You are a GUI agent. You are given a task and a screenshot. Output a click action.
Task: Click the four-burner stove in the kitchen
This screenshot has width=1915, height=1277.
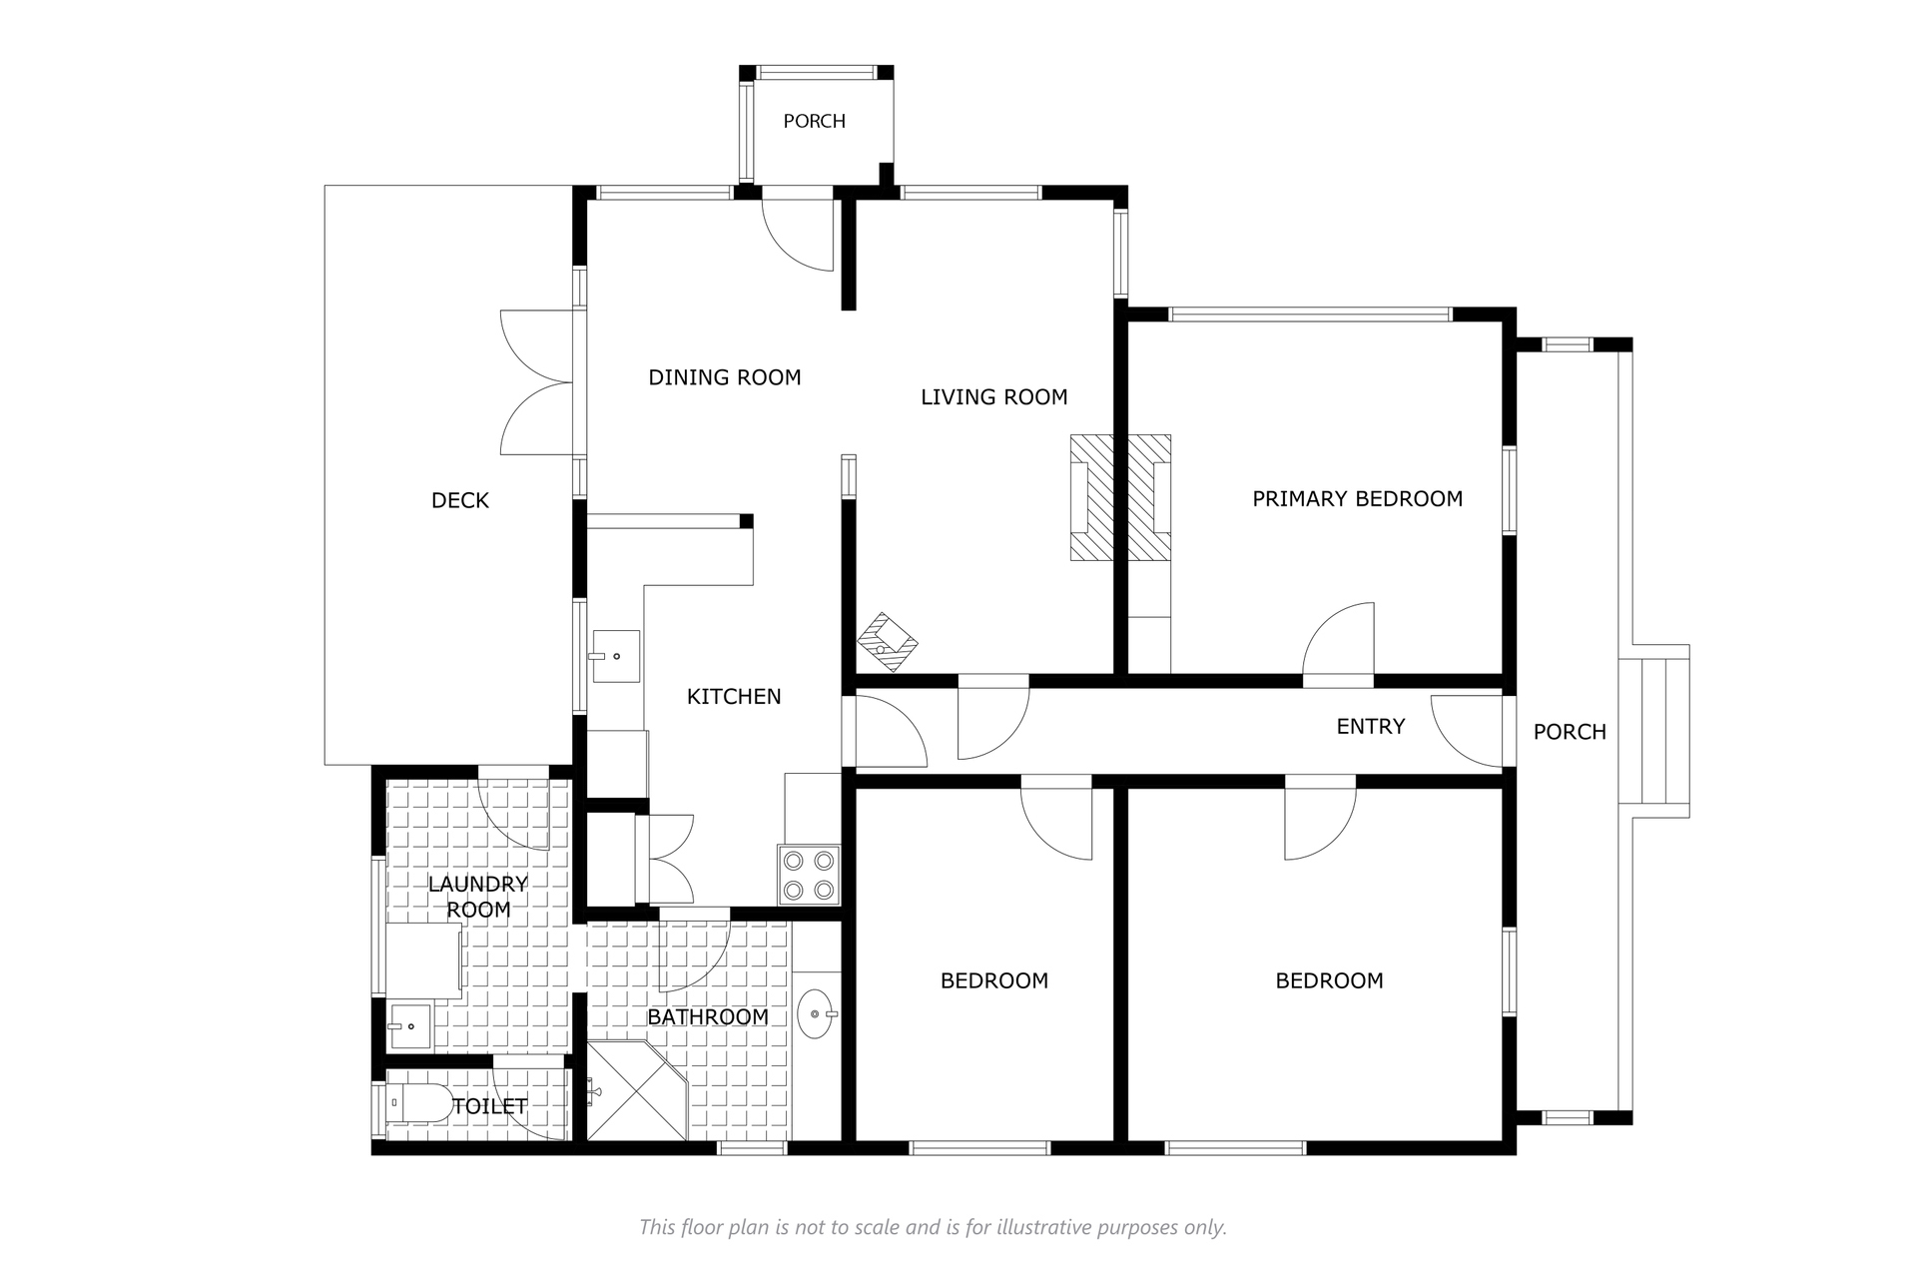coord(809,875)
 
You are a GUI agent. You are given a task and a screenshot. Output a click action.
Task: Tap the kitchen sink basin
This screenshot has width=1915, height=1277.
coord(616,656)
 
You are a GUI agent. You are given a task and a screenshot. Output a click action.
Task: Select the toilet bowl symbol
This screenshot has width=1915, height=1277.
coord(422,1103)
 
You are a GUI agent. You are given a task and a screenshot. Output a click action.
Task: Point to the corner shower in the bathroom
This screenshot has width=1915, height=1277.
coord(636,1091)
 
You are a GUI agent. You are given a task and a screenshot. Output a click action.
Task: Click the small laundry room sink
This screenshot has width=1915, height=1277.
coord(409,1025)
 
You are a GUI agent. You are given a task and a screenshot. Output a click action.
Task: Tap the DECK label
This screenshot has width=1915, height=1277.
coord(460,500)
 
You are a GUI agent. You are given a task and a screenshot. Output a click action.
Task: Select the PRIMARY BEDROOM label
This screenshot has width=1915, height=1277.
coord(1357,498)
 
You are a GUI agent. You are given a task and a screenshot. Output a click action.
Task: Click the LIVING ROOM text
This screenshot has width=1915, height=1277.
coord(993,397)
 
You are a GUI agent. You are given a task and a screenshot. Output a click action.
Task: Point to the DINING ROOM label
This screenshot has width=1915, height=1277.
coord(725,377)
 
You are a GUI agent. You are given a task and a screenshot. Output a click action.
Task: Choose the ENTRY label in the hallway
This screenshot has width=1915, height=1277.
coord(1370,727)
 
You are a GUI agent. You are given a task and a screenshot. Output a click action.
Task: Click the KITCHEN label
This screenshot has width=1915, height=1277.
coord(734,697)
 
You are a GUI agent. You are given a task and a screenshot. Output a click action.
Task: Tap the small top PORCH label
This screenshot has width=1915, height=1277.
coord(814,121)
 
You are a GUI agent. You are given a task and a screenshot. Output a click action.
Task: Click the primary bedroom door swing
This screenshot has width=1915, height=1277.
coord(1338,639)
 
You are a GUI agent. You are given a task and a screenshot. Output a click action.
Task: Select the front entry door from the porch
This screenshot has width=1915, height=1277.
coord(1467,730)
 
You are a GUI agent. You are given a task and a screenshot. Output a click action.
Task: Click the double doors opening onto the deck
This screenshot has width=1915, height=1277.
coord(537,382)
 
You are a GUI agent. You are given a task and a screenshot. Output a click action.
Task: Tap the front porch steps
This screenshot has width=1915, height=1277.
coord(1660,731)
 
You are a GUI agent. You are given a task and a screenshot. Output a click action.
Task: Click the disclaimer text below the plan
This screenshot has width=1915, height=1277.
coord(933,1227)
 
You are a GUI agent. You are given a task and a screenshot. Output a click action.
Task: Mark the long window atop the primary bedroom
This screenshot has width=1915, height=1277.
coord(1310,315)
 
